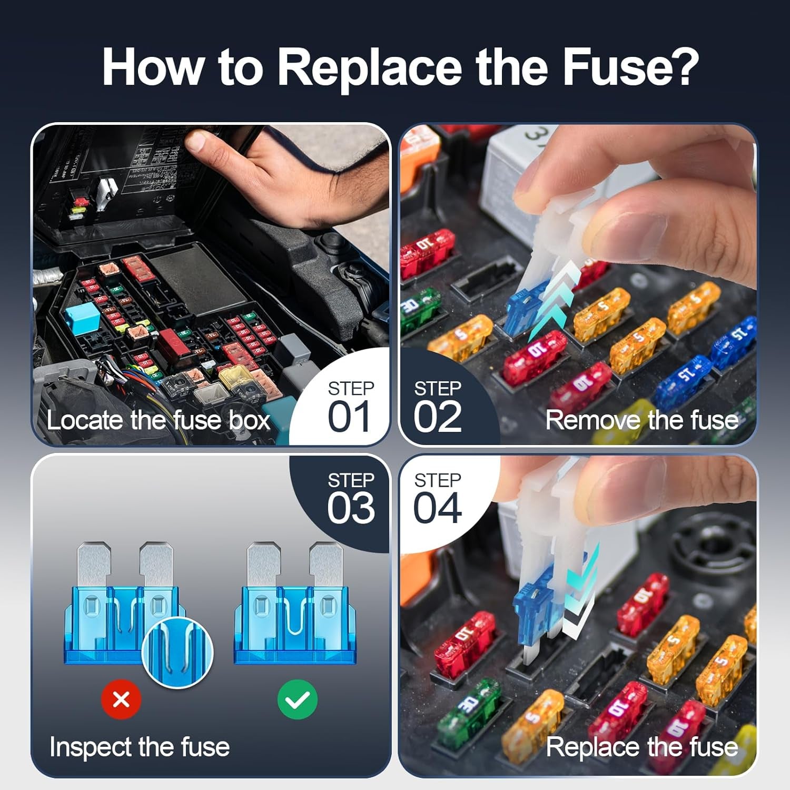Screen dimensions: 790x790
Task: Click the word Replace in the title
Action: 369,67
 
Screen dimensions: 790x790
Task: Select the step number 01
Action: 349,417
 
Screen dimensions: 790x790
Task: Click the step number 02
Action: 437,417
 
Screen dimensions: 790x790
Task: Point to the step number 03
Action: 351,508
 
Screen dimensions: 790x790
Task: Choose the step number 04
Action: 437,508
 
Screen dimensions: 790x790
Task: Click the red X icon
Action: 121,700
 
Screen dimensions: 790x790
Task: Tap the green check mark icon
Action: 298,700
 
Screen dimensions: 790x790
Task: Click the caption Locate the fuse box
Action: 158,420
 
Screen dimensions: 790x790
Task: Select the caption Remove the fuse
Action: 641,420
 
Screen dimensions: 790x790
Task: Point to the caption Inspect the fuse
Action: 140,747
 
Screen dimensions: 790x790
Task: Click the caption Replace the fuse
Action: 641,747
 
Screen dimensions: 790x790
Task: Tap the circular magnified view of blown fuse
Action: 177,652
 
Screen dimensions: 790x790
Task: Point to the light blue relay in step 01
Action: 82,320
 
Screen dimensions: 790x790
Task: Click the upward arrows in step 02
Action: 553,300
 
